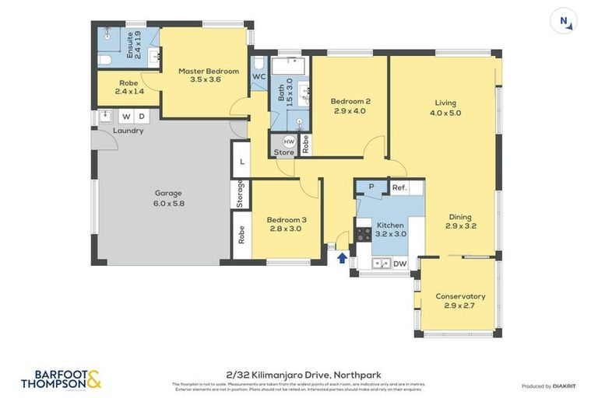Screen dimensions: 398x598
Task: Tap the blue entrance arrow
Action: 342,258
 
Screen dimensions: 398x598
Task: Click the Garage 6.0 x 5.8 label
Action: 168,198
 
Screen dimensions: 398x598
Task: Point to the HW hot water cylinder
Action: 289,141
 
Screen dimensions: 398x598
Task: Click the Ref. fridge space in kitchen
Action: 399,187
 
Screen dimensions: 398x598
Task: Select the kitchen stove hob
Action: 364,233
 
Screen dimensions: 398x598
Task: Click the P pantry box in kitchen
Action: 371,187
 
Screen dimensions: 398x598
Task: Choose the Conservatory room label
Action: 460,301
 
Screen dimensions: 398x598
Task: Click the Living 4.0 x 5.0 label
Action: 445,107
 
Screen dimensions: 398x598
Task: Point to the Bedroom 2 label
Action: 350,106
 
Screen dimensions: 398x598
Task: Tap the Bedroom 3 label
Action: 286,224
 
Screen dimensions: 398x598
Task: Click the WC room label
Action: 259,77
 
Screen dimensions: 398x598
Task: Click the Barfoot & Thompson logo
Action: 61,379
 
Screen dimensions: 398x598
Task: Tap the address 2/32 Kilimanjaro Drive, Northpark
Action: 299,375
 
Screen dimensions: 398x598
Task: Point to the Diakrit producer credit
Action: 548,386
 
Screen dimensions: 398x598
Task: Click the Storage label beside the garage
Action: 241,194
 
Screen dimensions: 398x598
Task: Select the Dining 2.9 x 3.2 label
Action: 460,222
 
